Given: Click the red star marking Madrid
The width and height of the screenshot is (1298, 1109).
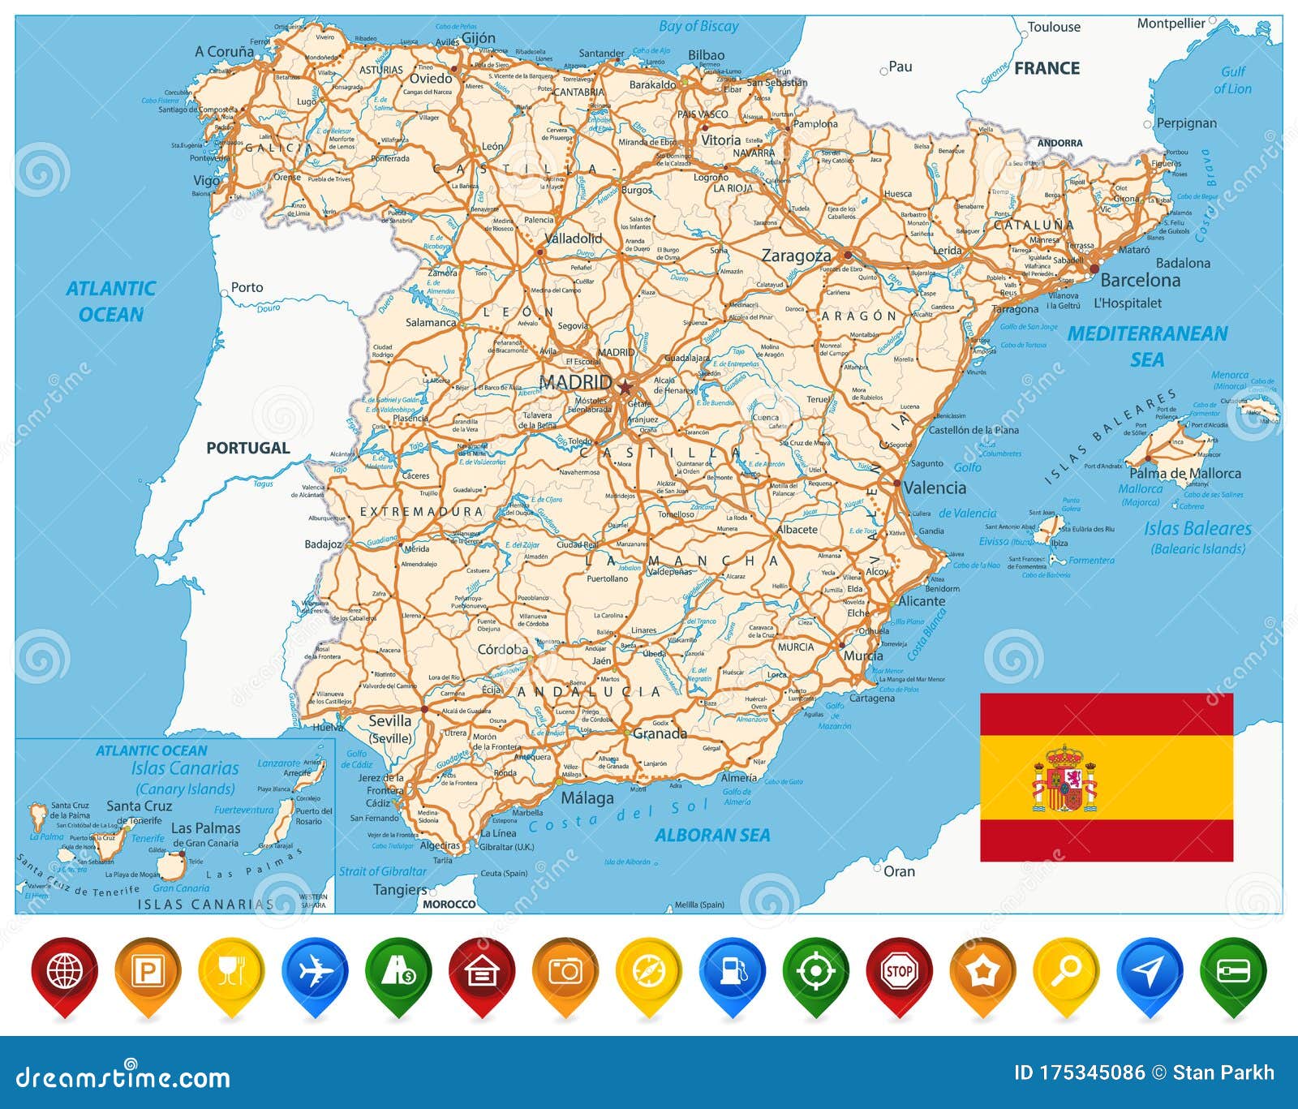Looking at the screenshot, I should click(x=625, y=387).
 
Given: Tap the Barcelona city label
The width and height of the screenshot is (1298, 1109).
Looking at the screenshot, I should click(x=1140, y=281).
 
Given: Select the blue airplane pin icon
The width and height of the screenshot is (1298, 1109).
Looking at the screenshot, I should click(x=314, y=971).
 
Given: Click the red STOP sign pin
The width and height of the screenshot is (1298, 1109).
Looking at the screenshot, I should click(x=899, y=971).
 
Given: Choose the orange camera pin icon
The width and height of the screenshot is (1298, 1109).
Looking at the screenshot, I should click(x=565, y=971).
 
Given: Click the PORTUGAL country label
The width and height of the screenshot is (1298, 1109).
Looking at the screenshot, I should click(x=247, y=448).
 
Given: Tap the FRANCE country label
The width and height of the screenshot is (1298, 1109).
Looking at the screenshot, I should click(x=1047, y=68).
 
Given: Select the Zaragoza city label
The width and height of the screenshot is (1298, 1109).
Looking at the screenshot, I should click(x=796, y=256).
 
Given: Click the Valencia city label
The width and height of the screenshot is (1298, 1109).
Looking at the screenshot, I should click(x=935, y=488).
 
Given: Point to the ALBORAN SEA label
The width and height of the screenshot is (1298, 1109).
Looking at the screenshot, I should click(x=712, y=835).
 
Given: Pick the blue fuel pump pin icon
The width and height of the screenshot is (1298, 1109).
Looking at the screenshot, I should click(x=733, y=971).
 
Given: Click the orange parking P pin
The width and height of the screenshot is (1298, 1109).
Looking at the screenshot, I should click(x=148, y=971).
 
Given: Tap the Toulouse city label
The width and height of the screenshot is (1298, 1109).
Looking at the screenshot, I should click(x=1054, y=27).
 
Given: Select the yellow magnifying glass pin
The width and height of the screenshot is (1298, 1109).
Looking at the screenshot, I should click(x=1066, y=971).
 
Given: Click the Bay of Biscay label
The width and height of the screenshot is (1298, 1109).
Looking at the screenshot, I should click(x=698, y=26).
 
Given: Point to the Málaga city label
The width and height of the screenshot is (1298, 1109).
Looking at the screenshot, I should click(x=587, y=797).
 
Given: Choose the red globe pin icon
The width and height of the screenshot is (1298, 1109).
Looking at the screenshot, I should click(x=64, y=971).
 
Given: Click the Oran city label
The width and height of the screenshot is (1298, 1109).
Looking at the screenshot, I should click(x=899, y=871).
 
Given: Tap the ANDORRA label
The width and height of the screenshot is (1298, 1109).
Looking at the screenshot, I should click(x=1059, y=143).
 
